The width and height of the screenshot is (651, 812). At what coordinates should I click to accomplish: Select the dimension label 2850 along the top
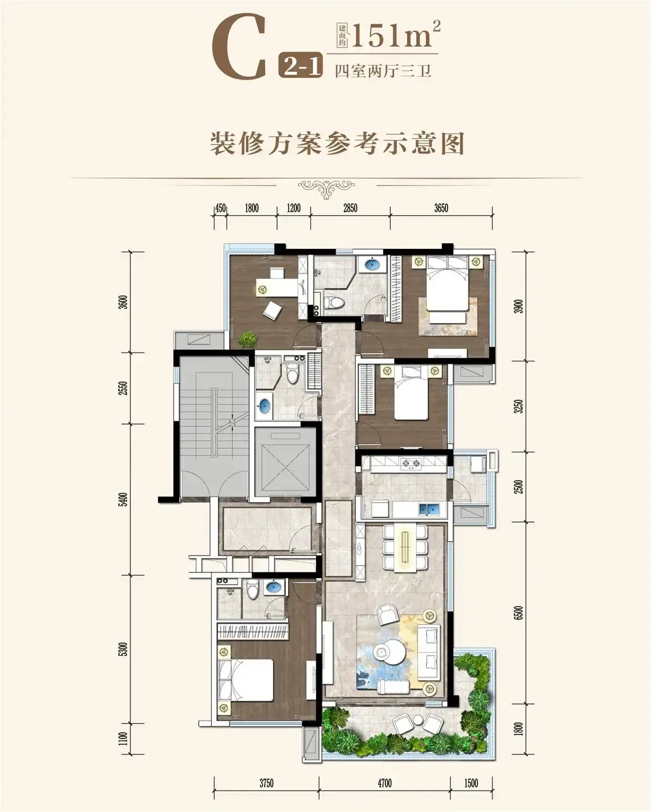coord(350,208)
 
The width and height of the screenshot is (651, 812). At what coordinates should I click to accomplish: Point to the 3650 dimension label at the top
coord(441,208)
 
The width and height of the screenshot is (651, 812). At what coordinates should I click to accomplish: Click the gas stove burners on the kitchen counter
coord(411,464)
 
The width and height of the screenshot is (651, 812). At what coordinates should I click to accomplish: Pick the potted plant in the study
coord(248,339)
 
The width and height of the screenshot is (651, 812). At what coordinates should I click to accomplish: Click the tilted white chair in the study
coord(272,311)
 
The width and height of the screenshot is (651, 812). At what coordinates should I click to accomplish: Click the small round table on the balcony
coord(418,720)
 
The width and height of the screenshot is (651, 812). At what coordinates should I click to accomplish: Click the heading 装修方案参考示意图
coord(337,143)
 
